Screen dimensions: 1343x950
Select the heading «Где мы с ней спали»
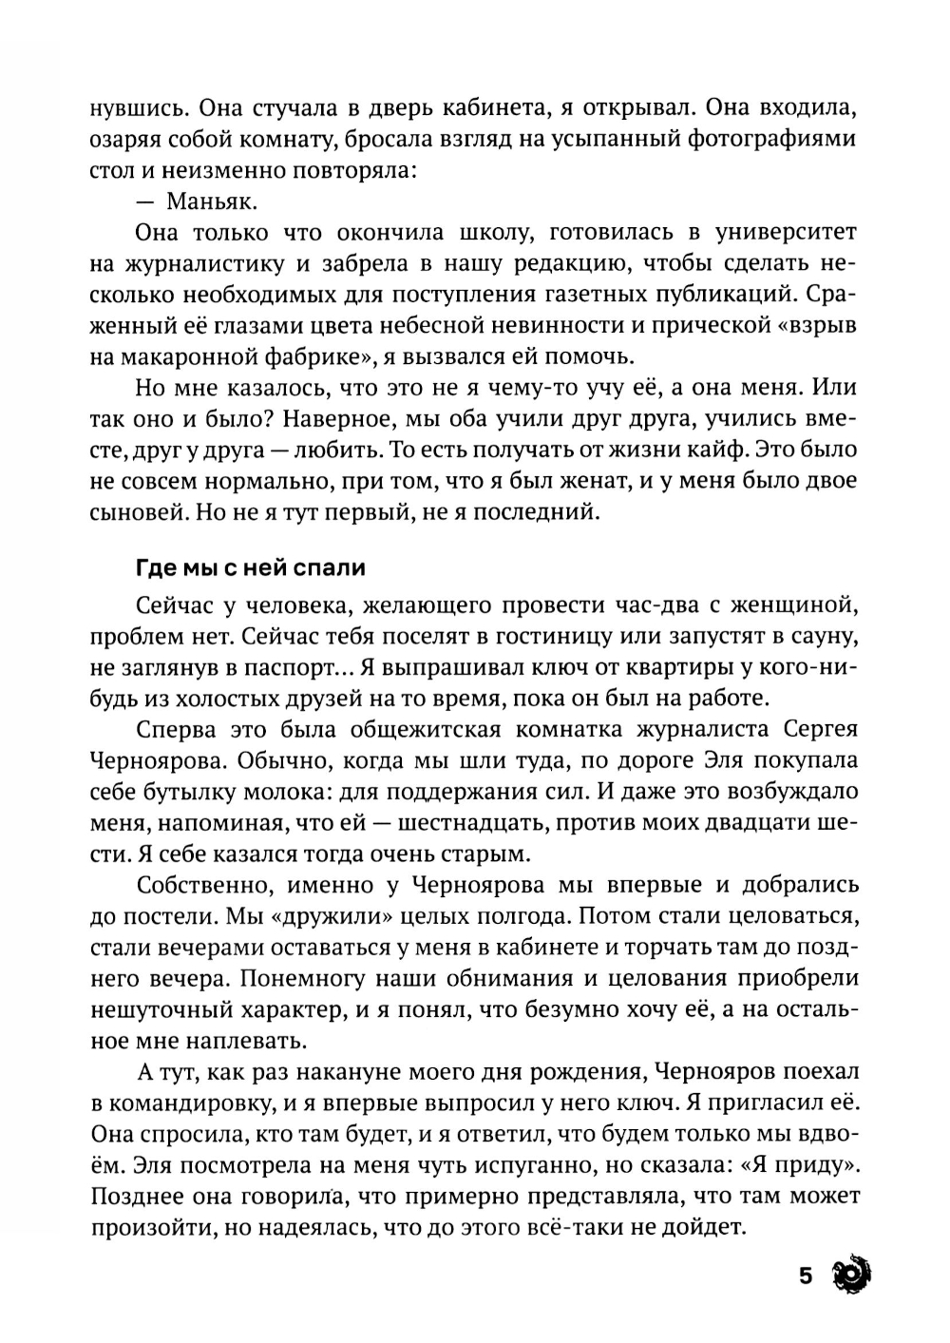pyautogui.click(x=251, y=569)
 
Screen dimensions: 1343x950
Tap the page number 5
pyautogui.click(x=806, y=1275)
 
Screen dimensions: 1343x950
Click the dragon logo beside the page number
pyautogui.click(x=849, y=1274)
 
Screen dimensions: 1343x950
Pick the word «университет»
pyautogui.click(x=778, y=232)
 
